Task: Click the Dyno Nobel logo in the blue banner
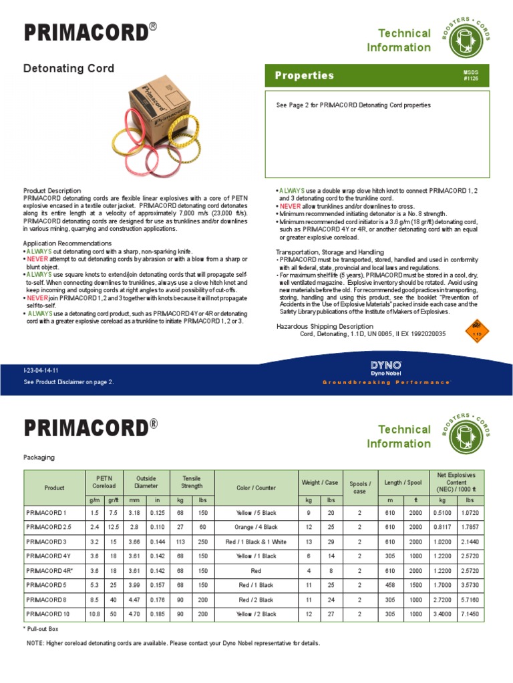386,367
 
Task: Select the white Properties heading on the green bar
305,75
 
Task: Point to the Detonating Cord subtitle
69,69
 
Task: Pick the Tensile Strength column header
192,482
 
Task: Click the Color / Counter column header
256,488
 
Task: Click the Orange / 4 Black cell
256,528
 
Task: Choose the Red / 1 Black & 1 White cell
256,542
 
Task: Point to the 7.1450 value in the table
469,614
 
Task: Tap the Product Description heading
52,191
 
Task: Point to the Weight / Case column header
320,482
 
